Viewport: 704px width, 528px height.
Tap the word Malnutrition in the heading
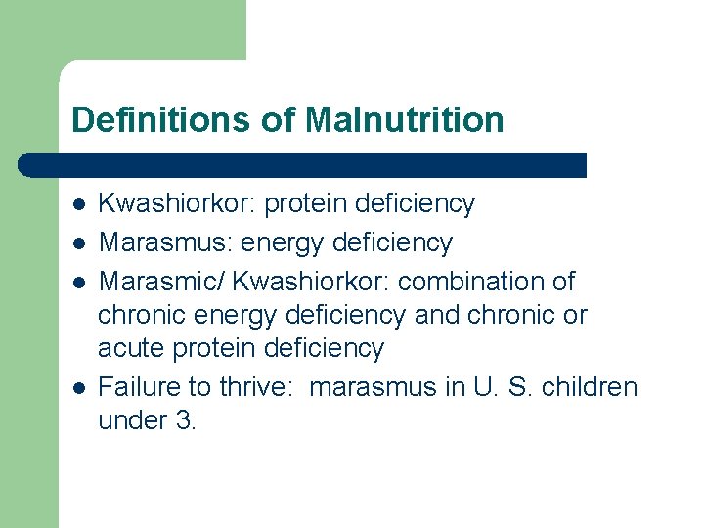[x=404, y=120]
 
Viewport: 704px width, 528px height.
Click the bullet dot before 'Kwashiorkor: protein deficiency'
[x=78, y=204]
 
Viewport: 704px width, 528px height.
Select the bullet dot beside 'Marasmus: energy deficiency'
[x=78, y=242]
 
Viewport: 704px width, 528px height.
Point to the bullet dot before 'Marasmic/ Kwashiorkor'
[x=78, y=282]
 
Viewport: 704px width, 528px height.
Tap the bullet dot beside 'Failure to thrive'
[x=78, y=387]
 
